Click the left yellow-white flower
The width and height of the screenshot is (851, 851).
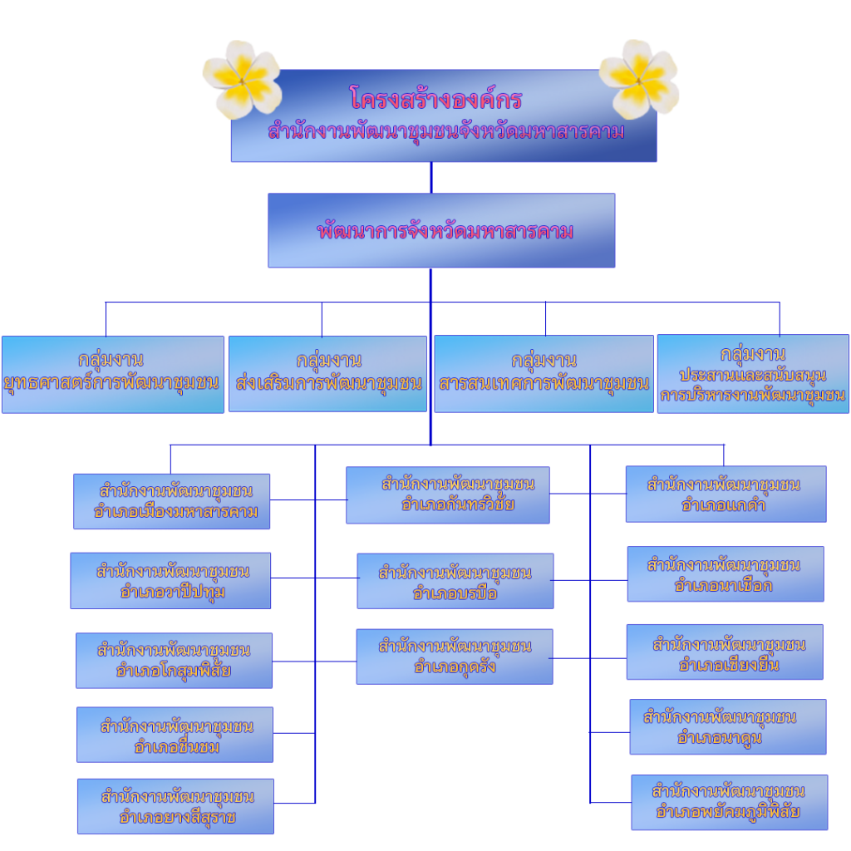(242, 79)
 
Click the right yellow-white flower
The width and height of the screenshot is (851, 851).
(639, 78)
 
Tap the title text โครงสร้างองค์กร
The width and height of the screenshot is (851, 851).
(435, 100)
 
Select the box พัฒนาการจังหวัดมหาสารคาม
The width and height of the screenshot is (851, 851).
(441, 230)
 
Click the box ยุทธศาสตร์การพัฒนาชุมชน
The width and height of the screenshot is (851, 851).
(113, 374)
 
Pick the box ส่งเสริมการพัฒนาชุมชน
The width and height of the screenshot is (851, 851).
(327, 373)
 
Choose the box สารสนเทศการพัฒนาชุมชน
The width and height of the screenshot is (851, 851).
(544, 374)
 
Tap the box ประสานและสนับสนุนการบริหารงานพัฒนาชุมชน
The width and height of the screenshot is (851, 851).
(753, 374)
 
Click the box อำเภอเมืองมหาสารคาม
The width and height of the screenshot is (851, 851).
(172, 501)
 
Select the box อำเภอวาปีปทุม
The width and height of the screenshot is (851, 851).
(170, 580)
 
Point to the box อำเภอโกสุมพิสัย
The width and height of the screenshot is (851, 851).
(174, 661)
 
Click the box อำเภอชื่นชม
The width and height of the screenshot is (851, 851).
(175, 734)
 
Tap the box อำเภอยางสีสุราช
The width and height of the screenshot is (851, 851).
(175, 806)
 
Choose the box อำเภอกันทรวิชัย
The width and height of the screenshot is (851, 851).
(447, 495)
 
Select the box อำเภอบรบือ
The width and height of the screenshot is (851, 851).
(455, 581)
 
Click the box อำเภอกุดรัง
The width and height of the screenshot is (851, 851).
(454, 657)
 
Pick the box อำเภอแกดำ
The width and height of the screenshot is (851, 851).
(726, 494)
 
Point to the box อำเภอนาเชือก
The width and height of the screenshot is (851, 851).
(725, 574)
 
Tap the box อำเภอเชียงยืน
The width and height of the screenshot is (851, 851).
(725, 652)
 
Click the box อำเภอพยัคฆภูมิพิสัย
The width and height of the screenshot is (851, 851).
(729, 803)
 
